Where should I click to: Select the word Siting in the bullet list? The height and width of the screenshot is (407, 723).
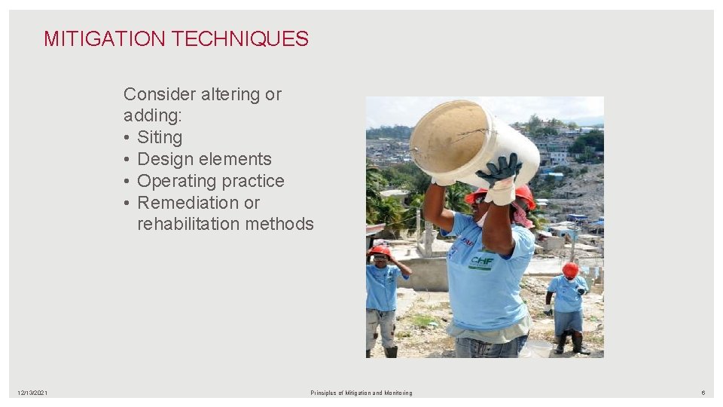(160, 137)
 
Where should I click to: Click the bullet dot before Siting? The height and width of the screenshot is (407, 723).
(127, 138)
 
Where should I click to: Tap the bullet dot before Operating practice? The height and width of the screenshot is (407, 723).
(127, 182)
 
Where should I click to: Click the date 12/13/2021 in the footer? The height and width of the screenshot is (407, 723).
(32, 393)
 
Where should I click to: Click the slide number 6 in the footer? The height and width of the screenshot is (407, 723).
(703, 393)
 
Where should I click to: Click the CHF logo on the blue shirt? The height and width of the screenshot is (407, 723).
(482, 262)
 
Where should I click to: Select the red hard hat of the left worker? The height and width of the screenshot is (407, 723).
(380, 250)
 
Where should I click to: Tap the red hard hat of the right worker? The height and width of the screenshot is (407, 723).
(570, 268)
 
